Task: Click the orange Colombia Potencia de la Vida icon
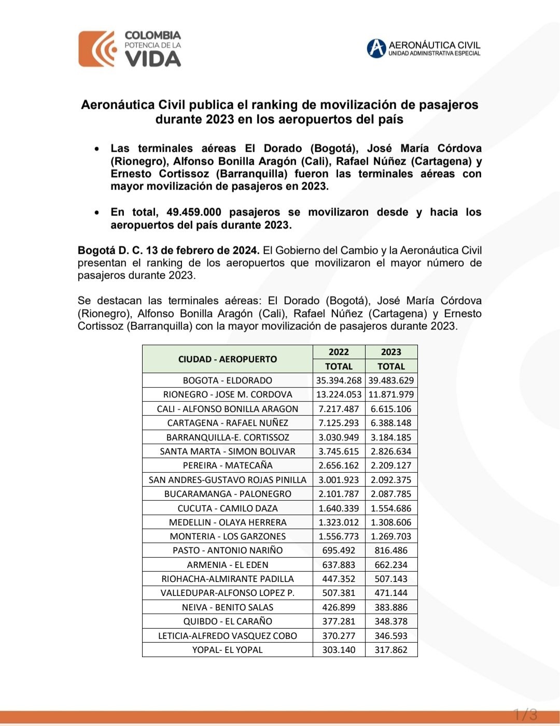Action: coord(97,49)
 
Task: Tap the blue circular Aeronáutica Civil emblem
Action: coord(376,48)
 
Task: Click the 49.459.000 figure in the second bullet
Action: coord(194,212)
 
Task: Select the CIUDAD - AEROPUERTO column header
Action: coord(228,359)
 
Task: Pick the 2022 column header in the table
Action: coord(339,352)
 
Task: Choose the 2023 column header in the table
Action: coord(391,352)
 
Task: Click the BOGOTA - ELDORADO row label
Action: coord(228,380)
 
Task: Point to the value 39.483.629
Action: coord(391,380)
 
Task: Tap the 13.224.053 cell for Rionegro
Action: coord(339,394)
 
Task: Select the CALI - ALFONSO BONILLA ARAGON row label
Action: coord(228,409)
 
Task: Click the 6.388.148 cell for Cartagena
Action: coord(391,423)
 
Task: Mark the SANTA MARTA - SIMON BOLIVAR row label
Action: coord(228,451)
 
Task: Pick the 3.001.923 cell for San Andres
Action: coord(339,480)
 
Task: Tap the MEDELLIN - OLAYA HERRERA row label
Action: coord(228,522)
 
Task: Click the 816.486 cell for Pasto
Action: coord(391,550)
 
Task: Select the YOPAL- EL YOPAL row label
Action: coord(228,650)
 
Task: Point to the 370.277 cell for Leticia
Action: coord(339,636)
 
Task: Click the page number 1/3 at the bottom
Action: coord(525,715)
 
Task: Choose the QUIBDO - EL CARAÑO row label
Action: coord(228,621)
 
